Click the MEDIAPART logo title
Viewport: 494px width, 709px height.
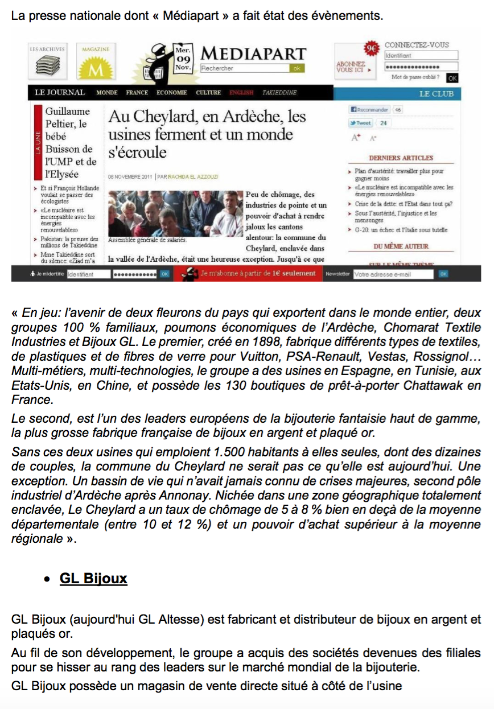coord(254,54)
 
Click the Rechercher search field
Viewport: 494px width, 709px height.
coord(245,68)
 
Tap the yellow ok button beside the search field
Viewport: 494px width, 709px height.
coord(297,68)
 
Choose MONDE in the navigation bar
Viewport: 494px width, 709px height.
coord(107,93)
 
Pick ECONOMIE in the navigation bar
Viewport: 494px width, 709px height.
coord(172,93)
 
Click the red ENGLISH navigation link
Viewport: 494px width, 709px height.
coord(241,93)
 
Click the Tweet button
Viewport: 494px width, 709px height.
coord(361,123)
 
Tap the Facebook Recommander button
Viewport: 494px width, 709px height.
coord(369,110)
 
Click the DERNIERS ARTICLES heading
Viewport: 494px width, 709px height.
coord(401,158)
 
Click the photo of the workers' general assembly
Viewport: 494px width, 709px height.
coord(175,213)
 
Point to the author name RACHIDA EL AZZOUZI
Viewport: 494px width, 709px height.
coord(189,177)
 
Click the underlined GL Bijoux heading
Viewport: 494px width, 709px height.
coord(93,579)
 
